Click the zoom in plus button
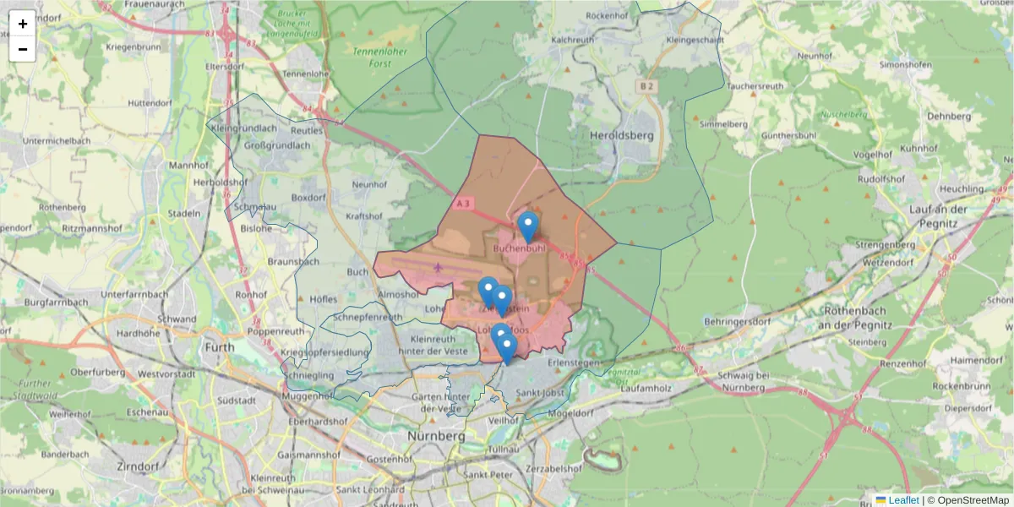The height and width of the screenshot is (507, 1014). pyautogui.click(x=23, y=24)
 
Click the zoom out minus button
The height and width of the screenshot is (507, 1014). pyautogui.click(x=23, y=49)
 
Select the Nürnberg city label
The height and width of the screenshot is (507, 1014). pyautogui.click(x=436, y=435)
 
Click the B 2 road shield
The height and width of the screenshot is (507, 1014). pyautogui.click(x=646, y=86)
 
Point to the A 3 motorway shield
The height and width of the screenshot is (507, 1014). pyautogui.click(x=462, y=204)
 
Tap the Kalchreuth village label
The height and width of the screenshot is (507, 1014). pyautogui.click(x=572, y=40)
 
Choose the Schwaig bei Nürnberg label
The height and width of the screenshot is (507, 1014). pyautogui.click(x=744, y=380)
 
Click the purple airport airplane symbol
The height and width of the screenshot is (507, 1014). pyautogui.click(x=438, y=268)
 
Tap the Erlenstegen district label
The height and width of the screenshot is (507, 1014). pyautogui.click(x=573, y=363)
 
